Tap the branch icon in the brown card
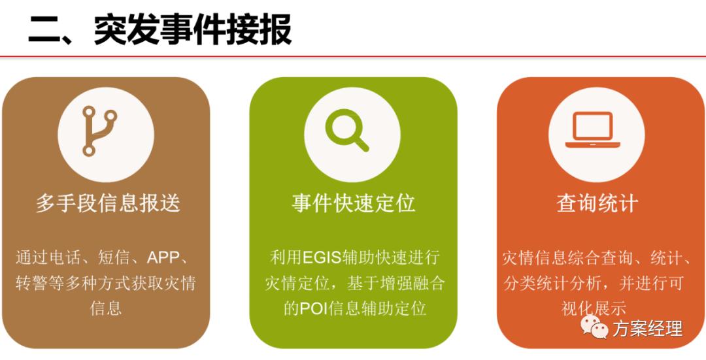(99, 131)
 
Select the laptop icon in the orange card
(593, 130)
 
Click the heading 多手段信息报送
(107, 203)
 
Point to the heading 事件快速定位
(353, 203)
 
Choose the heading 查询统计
(597, 203)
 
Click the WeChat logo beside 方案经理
(594, 327)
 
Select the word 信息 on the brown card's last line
(106, 308)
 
